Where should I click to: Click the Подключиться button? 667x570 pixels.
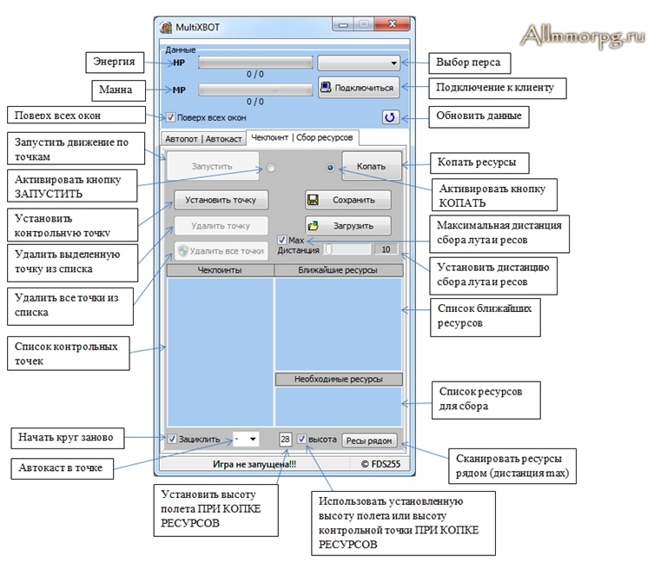[359, 88]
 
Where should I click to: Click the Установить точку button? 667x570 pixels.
[221, 200]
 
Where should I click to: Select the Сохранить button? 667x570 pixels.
[348, 200]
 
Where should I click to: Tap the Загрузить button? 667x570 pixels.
[348, 226]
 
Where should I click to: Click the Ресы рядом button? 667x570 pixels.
[369, 441]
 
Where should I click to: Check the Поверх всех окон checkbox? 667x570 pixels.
[170, 117]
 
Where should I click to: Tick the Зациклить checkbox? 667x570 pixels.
[172, 439]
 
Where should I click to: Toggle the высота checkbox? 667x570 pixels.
[301, 439]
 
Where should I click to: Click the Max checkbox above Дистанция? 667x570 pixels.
[281, 240]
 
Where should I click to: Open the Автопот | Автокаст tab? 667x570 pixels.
[203, 139]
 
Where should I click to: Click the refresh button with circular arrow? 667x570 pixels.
[390, 117]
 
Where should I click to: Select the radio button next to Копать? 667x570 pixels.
[330, 168]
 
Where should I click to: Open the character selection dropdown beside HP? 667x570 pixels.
[359, 63]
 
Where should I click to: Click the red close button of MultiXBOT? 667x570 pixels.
[393, 24]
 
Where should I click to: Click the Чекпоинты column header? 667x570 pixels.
[220, 270]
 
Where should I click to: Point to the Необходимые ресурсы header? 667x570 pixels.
[339, 379]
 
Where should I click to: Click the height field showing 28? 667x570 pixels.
[285, 439]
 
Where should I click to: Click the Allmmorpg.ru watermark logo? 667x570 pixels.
[583, 36]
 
